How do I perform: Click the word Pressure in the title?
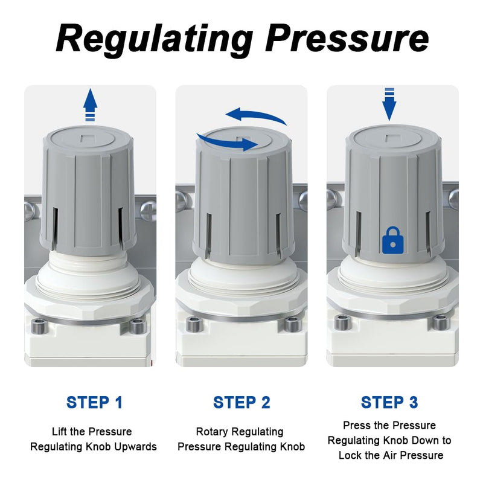pos(347,38)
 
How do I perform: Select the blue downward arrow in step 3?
pos(389,104)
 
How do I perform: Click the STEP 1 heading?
pos(94,403)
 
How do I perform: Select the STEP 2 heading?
pos(241,403)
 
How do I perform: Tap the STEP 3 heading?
pos(389,403)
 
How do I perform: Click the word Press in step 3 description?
pos(356,426)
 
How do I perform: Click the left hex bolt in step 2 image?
pos(194,324)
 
